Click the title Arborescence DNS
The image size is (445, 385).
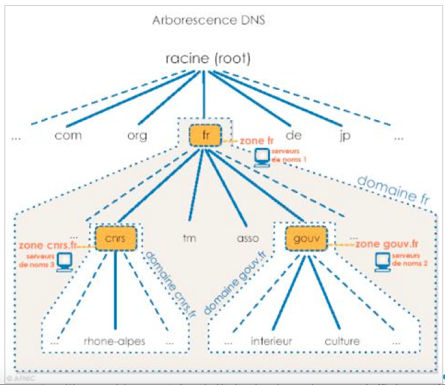pos(209,19)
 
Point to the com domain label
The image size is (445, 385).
pos(68,136)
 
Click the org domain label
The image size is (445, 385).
pos(137,136)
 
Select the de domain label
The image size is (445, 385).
pos(293,136)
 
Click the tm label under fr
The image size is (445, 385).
pos(189,238)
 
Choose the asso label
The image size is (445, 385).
pos(247,238)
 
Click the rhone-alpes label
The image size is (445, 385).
pos(114,341)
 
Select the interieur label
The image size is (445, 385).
pos(271,341)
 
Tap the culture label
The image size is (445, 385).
pos(342,341)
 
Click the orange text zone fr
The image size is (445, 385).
pos(257,140)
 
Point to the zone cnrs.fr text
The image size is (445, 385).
pos(48,245)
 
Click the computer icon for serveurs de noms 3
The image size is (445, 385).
pos(64,262)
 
